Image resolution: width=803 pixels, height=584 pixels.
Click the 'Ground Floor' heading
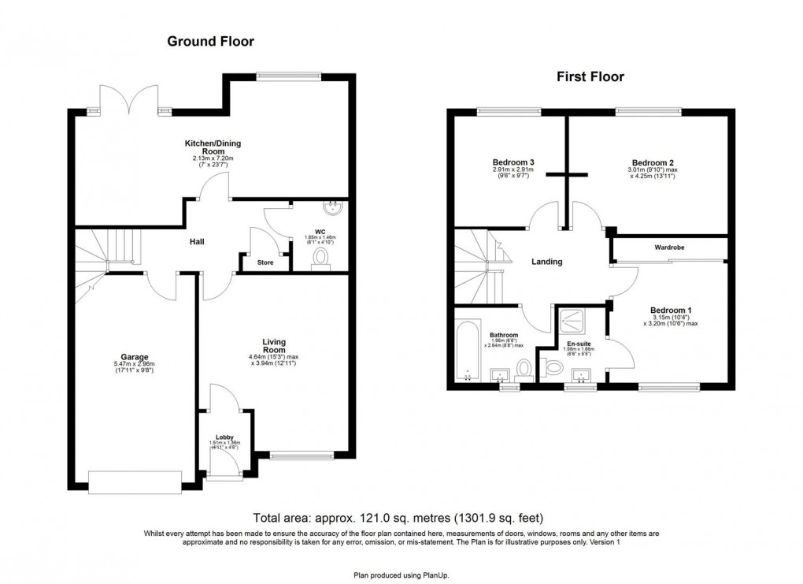pos(210,41)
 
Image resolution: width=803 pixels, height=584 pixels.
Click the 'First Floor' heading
pos(590,76)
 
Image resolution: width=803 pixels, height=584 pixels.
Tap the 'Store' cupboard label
pos(265,262)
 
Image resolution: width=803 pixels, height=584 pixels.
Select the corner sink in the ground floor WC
pos(335,209)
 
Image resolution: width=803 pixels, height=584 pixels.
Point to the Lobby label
pos(224,437)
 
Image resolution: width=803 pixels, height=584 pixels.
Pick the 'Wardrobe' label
pos(669,247)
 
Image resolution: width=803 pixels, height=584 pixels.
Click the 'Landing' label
pos(546,262)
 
